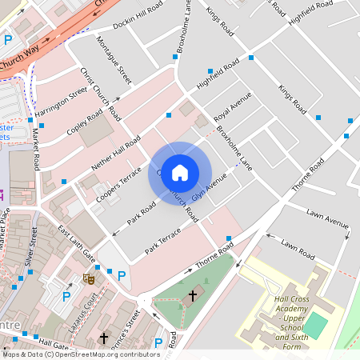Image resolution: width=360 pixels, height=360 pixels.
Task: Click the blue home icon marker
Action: (x=180, y=173)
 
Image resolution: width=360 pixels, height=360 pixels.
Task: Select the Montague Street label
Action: (x=114, y=59)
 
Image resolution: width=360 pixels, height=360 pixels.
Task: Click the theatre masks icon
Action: (x=90, y=278)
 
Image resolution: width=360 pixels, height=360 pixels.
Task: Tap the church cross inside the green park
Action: (x=191, y=296)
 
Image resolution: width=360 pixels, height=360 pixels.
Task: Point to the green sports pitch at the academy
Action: (x=317, y=325)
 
